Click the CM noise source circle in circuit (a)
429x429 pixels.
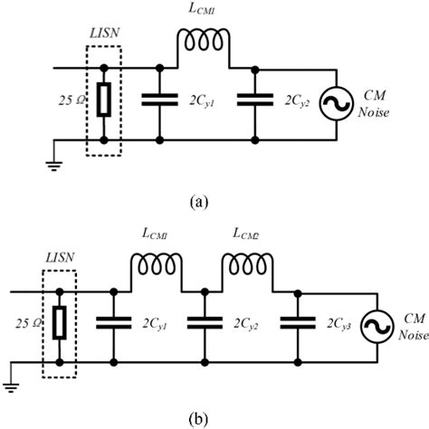(x=338, y=105)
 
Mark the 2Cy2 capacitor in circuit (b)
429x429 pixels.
(x=205, y=320)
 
